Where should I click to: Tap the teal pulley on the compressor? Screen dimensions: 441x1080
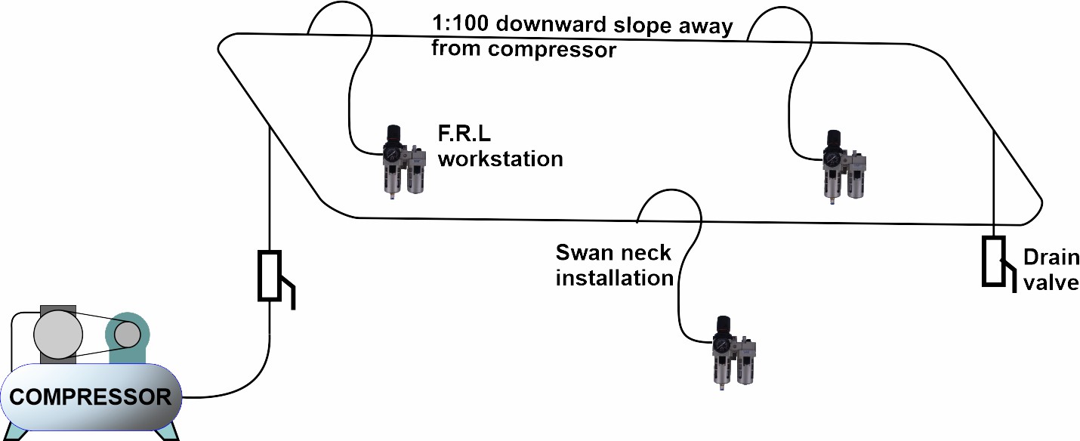point(127,333)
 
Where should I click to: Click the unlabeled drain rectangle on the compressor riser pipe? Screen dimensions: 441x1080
point(270,276)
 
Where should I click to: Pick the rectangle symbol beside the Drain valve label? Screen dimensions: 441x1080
point(992,261)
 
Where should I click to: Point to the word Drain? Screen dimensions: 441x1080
point(1051,259)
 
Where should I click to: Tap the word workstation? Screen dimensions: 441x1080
point(501,159)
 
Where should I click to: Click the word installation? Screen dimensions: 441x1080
point(614,277)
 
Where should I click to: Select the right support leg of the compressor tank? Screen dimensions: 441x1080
point(171,431)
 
